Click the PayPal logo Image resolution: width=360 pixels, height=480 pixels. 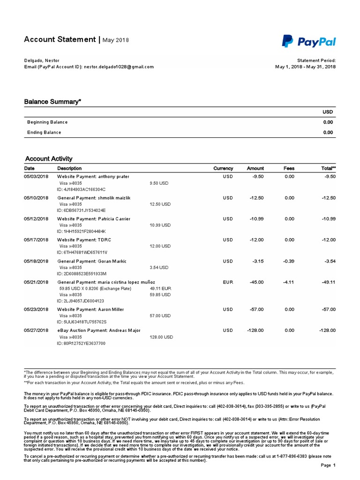pos(309,41)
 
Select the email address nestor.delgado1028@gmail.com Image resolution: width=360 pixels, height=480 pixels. pos(119,67)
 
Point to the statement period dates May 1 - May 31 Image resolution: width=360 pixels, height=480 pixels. pos(305,67)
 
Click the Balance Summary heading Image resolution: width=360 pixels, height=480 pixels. pos(52,101)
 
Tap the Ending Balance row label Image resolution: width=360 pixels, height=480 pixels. pos(44,133)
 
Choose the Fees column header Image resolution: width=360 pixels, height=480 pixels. pos(289,168)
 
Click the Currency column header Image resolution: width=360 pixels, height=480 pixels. pos(223,168)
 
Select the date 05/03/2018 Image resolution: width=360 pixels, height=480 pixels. pos(36,176)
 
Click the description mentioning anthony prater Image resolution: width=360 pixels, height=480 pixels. pos(93,176)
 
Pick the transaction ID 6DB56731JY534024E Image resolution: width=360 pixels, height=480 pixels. pos(81,210)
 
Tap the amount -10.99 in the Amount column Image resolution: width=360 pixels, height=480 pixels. pos(257,219)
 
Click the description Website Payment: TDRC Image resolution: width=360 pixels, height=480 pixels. pos(84,240)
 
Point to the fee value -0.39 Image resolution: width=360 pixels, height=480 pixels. pos(289,261)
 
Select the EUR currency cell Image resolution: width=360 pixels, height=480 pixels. pos(228,282)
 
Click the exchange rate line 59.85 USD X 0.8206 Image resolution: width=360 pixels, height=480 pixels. pos(92,289)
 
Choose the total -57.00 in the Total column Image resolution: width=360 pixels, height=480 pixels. pos(328,309)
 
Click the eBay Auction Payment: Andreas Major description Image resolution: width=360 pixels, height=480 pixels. pos(98,330)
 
